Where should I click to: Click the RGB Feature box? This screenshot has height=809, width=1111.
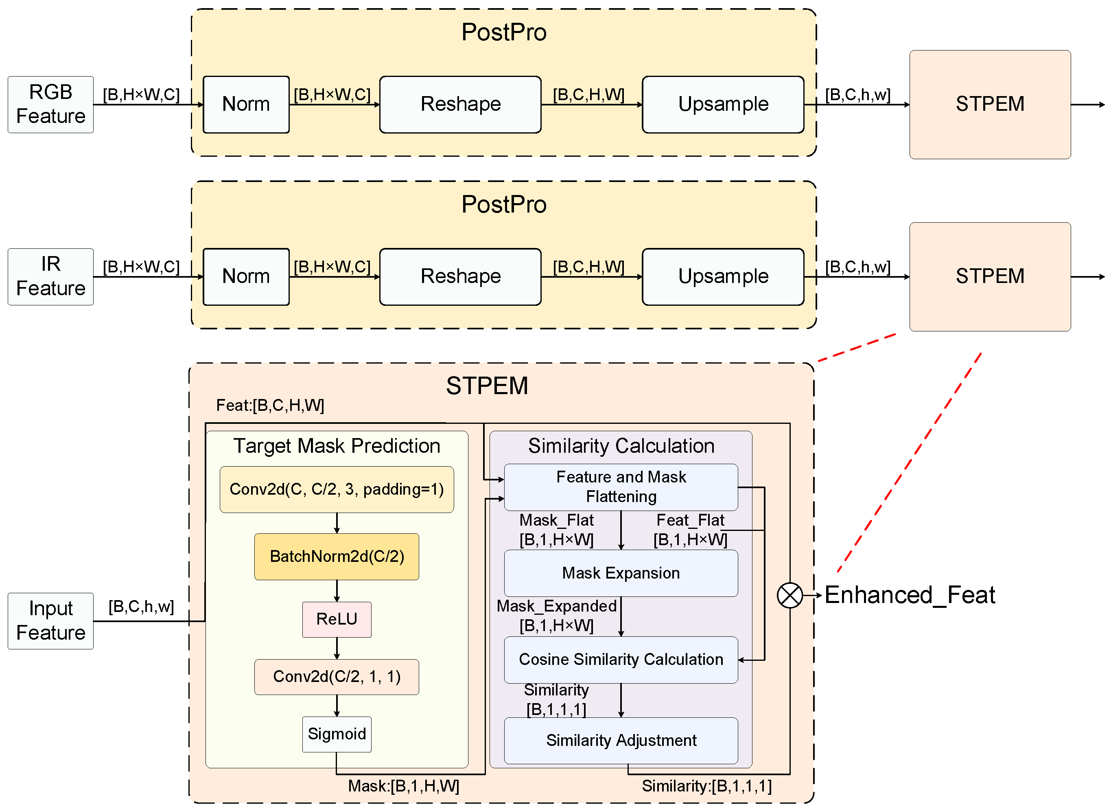(50, 104)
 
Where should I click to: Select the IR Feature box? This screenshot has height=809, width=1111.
(50, 277)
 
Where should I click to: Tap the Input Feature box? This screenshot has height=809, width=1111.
(50, 621)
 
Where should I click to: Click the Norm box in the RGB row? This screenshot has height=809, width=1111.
(246, 104)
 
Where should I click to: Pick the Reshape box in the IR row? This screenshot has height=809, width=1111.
(460, 277)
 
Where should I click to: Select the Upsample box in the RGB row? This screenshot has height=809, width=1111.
(723, 104)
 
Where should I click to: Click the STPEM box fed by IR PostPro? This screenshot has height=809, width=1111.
(990, 277)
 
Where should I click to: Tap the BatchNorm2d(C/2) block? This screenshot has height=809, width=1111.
(337, 557)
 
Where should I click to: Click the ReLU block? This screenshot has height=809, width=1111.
(337, 619)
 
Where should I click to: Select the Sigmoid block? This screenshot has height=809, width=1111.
(337, 734)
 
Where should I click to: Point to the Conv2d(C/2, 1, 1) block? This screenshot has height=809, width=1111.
(337, 677)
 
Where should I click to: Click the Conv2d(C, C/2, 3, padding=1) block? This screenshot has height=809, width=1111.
(337, 489)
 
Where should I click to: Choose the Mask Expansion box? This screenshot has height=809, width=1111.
(621, 573)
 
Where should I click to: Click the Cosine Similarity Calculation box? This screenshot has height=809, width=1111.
(621, 660)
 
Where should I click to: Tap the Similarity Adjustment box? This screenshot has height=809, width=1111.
(621, 741)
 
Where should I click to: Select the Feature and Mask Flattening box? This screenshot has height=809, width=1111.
(621, 487)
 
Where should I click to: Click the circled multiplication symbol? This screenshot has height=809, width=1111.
(790, 595)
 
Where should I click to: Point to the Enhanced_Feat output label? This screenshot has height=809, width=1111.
(910, 595)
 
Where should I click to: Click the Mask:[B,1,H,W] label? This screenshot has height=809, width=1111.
(404, 787)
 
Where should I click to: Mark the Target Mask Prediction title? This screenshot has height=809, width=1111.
(337, 446)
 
